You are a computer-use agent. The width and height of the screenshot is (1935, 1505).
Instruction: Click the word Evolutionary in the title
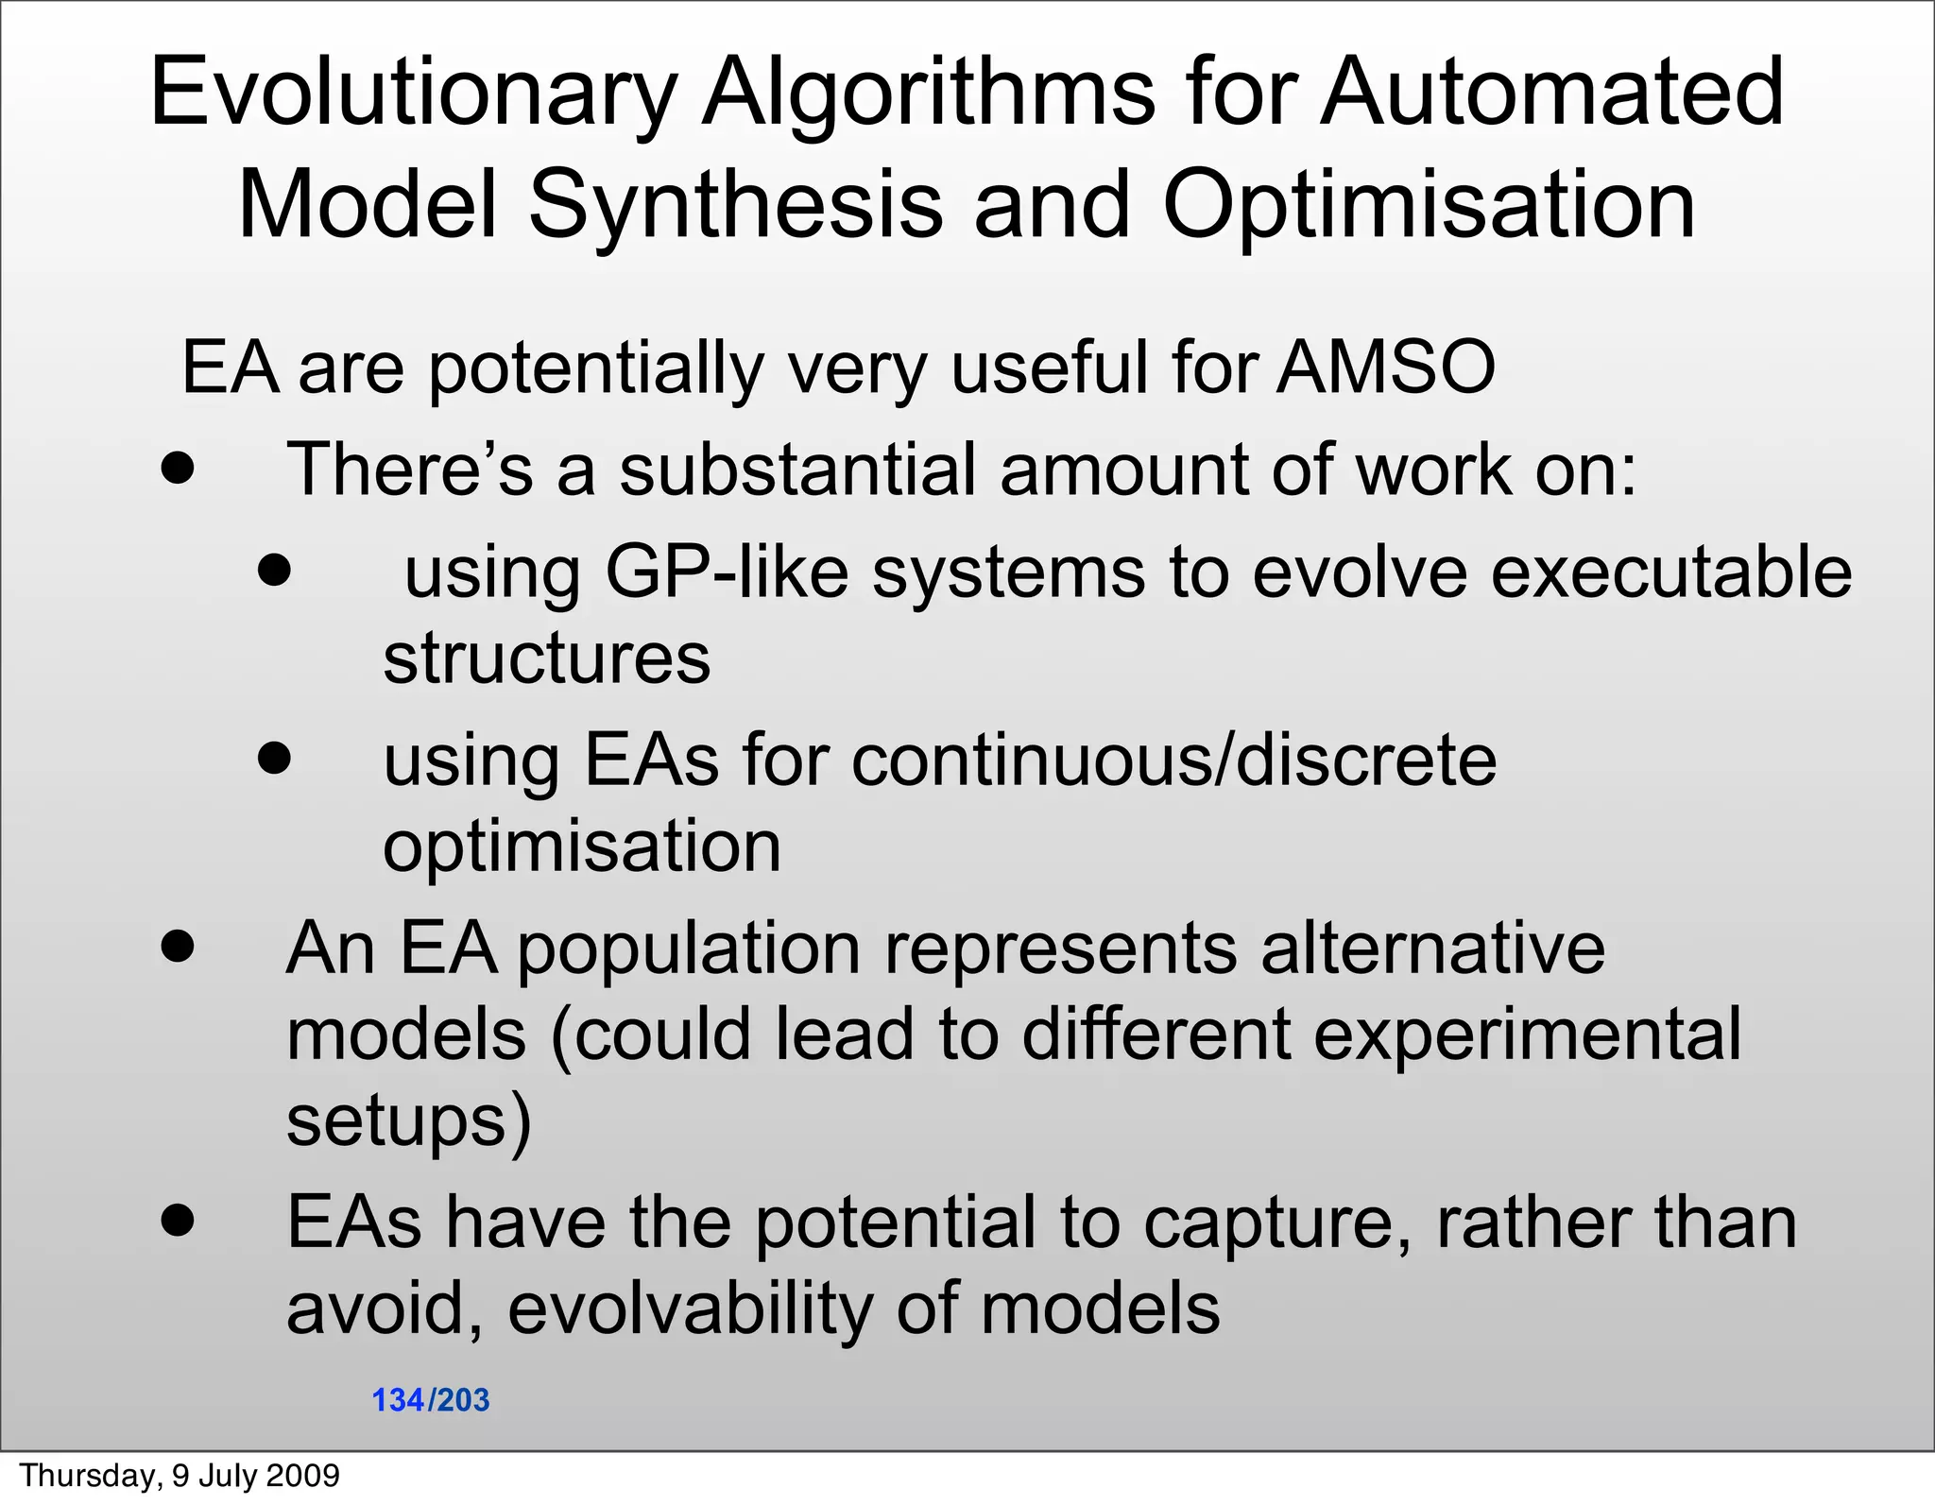click(x=413, y=93)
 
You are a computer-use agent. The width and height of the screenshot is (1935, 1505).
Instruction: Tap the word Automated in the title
click(x=1551, y=93)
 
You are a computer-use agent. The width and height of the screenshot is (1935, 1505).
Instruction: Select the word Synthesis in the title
click(x=735, y=206)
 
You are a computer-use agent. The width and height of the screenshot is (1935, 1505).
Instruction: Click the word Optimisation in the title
click(x=1429, y=206)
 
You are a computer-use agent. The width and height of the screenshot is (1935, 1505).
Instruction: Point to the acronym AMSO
click(x=1386, y=367)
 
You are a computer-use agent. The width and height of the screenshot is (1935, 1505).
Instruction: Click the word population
click(x=689, y=949)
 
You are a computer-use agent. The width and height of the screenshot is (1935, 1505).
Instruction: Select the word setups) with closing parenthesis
click(x=409, y=1121)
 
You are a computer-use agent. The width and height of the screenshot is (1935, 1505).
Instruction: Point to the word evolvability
click(x=689, y=1308)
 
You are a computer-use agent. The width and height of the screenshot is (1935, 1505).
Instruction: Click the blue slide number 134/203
click(x=431, y=1400)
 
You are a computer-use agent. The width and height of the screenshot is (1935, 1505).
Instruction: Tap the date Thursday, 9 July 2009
click(x=180, y=1476)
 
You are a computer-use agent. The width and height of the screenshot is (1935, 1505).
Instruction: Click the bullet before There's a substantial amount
click(x=178, y=468)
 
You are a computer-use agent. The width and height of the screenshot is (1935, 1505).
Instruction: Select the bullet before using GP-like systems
click(x=274, y=570)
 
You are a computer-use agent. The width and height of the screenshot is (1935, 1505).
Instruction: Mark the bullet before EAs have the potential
click(x=178, y=1220)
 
